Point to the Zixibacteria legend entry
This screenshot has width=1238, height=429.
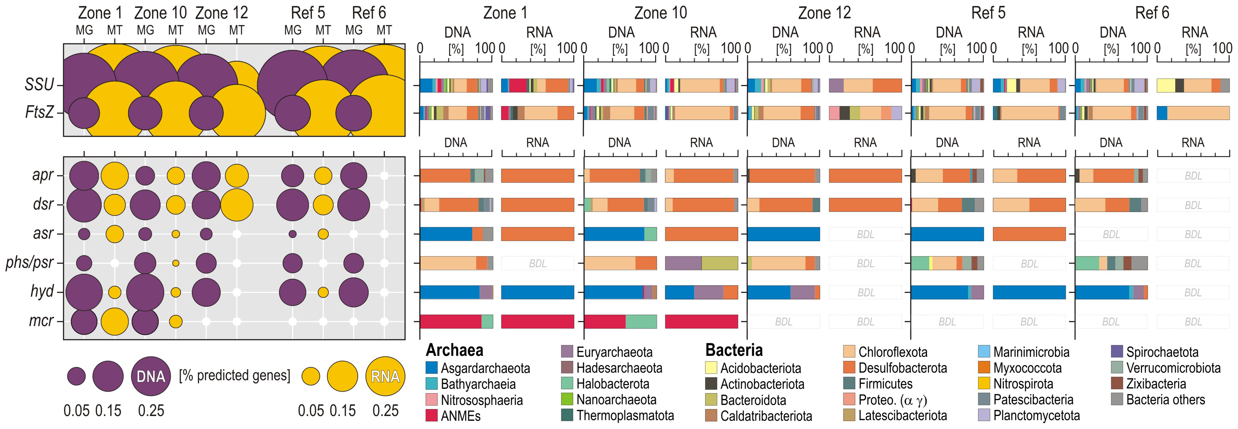(x=1156, y=384)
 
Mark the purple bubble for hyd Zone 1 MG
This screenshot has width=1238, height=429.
(x=84, y=292)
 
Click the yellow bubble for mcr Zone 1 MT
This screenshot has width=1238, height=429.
(x=114, y=321)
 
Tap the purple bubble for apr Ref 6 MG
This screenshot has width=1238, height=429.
(x=354, y=176)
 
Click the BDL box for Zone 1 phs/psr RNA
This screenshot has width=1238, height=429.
(x=537, y=263)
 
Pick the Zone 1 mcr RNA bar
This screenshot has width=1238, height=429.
(x=537, y=321)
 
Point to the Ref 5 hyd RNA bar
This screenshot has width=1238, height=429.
(x=1029, y=292)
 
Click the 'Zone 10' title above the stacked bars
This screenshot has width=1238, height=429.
(x=660, y=13)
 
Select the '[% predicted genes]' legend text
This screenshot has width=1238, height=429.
(x=234, y=375)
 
